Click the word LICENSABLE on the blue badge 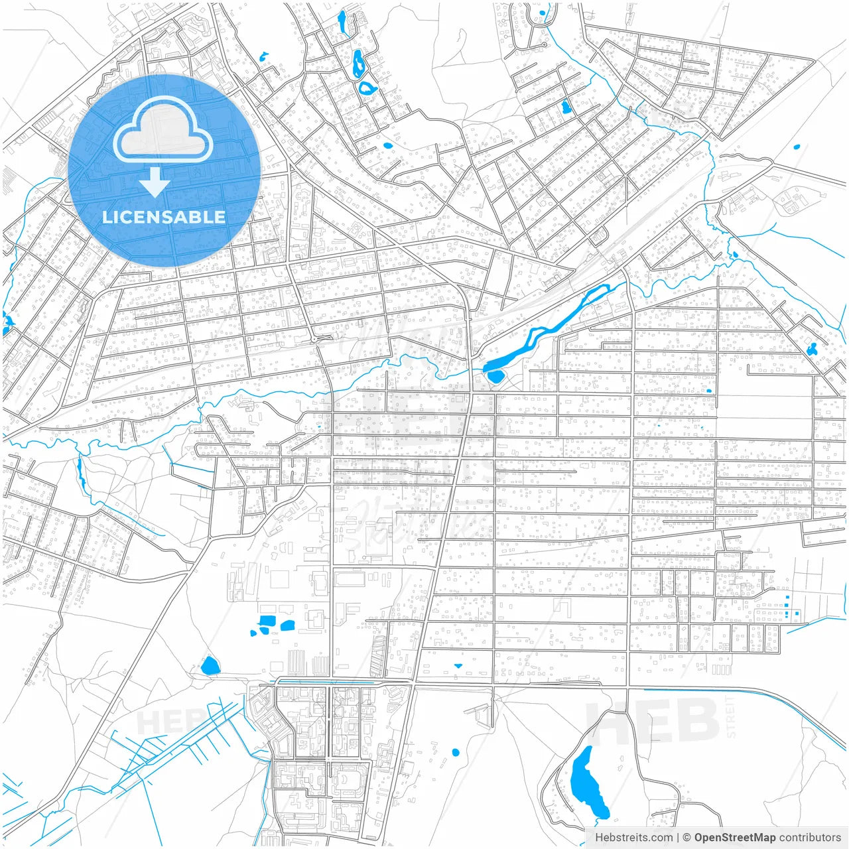click(163, 217)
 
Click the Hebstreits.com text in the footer click(633, 838)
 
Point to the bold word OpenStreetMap click(734, 838)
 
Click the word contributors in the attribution click(810, 838)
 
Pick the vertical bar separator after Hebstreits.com click(678, 838)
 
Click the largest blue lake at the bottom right click(588, 783)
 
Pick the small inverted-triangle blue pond click(458, 665)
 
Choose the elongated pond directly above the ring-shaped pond click(358, 64)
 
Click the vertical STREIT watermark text click(731, 716)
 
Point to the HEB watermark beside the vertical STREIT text click(653, 720)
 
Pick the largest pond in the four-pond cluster click(267, 621)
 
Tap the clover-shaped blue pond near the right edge click(812, 349)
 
